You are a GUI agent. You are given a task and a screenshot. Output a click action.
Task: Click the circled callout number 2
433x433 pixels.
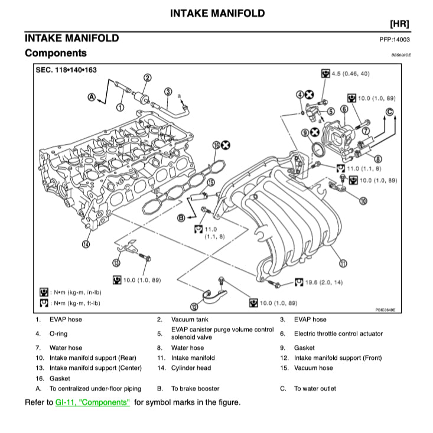click(148, 77)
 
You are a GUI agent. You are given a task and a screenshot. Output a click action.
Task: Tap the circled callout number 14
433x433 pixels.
click(87, 243)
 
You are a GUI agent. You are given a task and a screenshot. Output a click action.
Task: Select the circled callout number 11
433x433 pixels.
click(343, 263)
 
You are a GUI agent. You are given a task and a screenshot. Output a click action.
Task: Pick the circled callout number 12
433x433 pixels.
click(194, 306)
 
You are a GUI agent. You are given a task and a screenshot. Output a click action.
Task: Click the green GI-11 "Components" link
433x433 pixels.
click(92, 402)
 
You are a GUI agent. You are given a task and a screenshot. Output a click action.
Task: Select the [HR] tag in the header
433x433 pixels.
click(400, 24)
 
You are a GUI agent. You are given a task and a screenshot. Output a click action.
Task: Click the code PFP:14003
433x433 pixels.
click(395, 40)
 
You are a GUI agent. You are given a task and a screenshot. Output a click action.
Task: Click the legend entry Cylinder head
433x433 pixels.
click(193, 368)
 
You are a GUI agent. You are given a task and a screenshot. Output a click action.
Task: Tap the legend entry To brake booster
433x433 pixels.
click(195, 389)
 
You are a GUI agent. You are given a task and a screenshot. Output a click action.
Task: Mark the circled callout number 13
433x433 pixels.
click(116, 263)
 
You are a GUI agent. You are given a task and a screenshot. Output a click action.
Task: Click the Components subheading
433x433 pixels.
click(56, 53)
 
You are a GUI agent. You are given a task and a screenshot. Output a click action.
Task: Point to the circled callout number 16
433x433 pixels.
click(216, 145)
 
